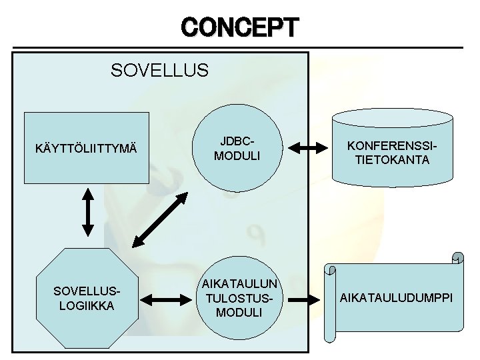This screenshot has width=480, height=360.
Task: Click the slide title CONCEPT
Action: point(240,27)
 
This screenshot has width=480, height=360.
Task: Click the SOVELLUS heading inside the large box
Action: point(160,69)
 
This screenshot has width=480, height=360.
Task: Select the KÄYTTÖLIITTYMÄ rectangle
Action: point(86,147)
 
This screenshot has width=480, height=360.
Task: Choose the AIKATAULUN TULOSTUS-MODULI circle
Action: point(239,298)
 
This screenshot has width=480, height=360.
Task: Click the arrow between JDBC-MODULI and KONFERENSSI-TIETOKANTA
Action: point(309,148)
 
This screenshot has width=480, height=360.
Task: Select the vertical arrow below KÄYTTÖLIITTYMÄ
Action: point(87,211)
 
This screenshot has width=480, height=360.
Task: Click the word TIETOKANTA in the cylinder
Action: point(392,160)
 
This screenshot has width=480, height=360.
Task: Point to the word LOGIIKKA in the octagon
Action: point(86,305)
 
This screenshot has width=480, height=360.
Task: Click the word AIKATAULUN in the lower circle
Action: point(239,285)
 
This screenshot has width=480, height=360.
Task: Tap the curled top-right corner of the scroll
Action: point(457,258)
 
